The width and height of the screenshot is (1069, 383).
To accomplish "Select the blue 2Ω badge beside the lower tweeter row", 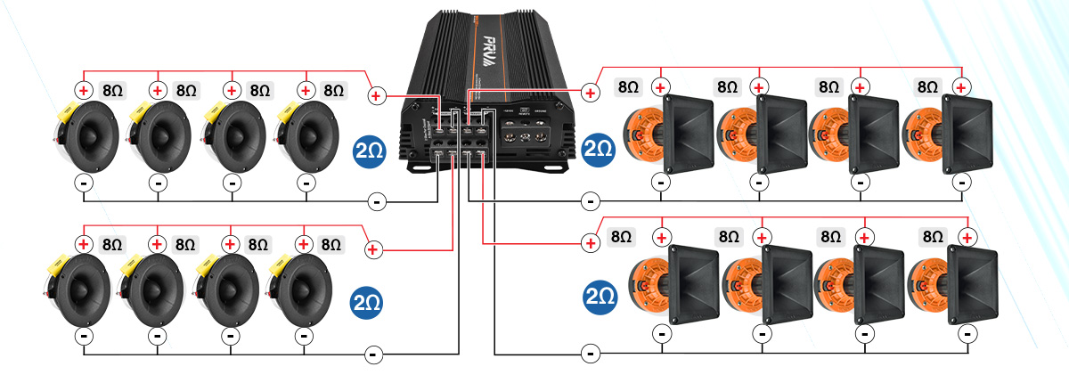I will click(x=368, y=301).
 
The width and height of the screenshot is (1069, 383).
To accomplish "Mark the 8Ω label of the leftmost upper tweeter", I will click(x=113, y=90).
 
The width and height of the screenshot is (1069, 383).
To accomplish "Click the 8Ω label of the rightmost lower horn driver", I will click(x=932, y=237).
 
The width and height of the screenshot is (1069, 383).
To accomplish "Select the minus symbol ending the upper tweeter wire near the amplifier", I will click(x=377, y=202).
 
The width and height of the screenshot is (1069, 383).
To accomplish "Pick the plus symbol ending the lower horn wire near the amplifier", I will click(x=589, y=242).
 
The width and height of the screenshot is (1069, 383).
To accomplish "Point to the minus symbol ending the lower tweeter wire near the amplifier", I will click(x=373, y=354).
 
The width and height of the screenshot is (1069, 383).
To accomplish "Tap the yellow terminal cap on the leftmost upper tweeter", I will click(x=66, y=113).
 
